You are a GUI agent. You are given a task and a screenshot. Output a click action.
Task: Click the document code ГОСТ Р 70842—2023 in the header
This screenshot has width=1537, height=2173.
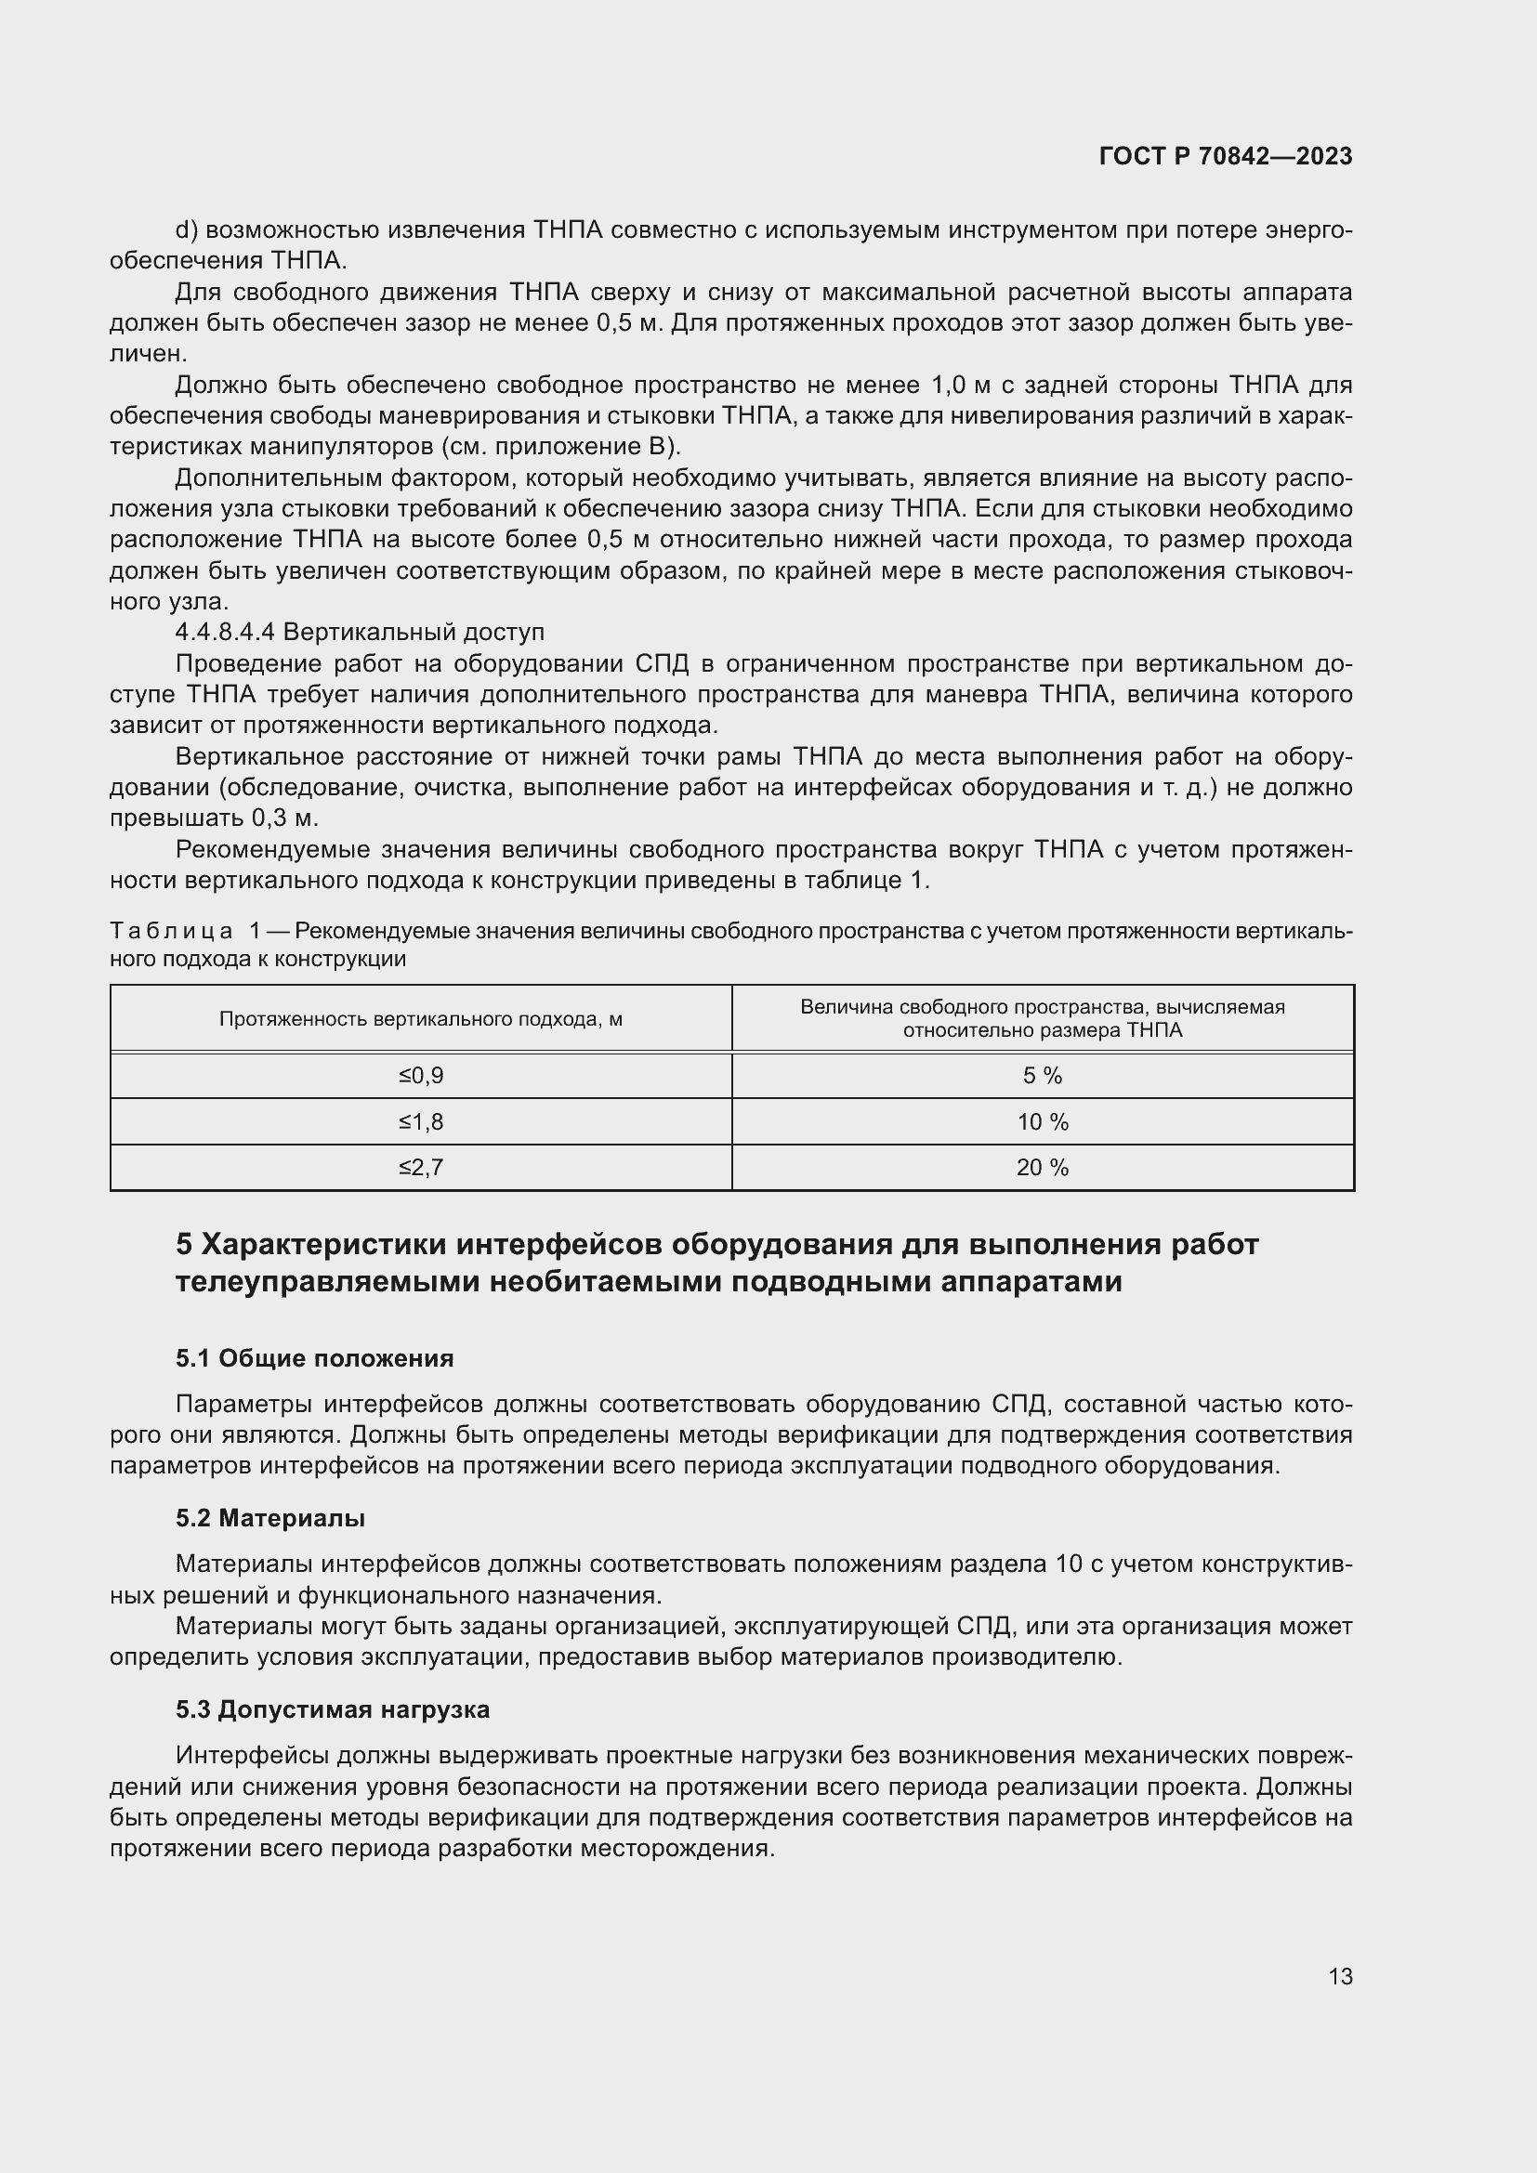(x=1226, y=156)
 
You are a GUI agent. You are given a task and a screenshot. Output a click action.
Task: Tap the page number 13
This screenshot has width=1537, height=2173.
(x=1340, y=1976)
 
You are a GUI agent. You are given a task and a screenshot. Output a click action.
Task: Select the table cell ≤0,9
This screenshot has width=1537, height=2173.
(x=420, y=1075)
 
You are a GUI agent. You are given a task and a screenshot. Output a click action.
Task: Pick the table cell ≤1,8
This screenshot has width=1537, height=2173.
(x=420, y=1121)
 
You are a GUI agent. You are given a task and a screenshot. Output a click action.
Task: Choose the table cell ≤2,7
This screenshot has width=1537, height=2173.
(x=420, y=1167)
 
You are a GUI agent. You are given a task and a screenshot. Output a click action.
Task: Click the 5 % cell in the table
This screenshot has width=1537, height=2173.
(x=1042, y=1075)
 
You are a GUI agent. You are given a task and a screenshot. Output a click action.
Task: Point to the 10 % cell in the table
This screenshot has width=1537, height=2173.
(x=1042, y=1121)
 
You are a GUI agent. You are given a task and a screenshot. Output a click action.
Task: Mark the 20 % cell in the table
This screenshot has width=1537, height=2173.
(x=1042, y=1167)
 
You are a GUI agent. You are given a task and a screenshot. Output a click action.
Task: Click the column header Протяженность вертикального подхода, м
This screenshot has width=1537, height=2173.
(x=420, y=1018)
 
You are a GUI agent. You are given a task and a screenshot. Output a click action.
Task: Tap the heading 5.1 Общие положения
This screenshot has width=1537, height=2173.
(x=314, y=1358)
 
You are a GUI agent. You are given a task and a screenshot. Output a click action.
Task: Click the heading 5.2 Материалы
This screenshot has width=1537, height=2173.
(x=269, y=1518)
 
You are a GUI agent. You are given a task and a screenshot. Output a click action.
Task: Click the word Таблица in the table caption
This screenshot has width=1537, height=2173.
(x=170, y=931)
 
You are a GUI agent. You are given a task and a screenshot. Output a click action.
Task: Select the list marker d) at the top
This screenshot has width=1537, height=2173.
(x=185, y=230)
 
